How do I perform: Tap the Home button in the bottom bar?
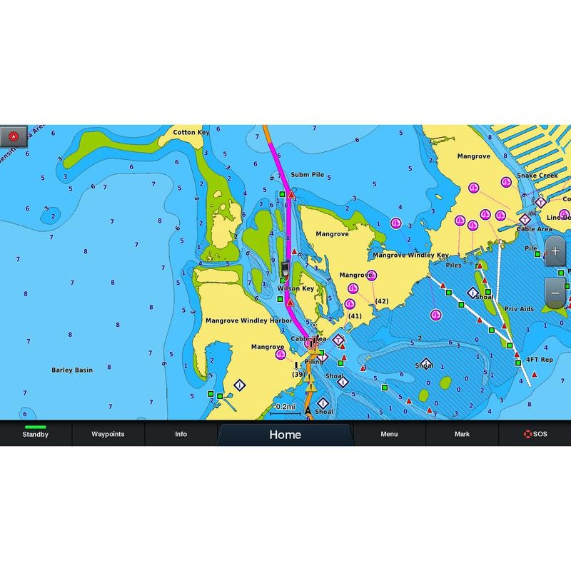point(285,435)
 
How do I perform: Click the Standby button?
point(36,434)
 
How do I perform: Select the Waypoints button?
point(108,434)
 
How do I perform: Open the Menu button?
point(389,434)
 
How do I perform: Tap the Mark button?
point(462,434)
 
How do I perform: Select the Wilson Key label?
point(295,289)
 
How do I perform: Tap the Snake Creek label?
point(537,176)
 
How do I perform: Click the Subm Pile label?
point(307,174)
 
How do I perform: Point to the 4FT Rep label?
point(540,360)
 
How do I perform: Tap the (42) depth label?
point(382,301)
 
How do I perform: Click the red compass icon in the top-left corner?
point(14,136)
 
